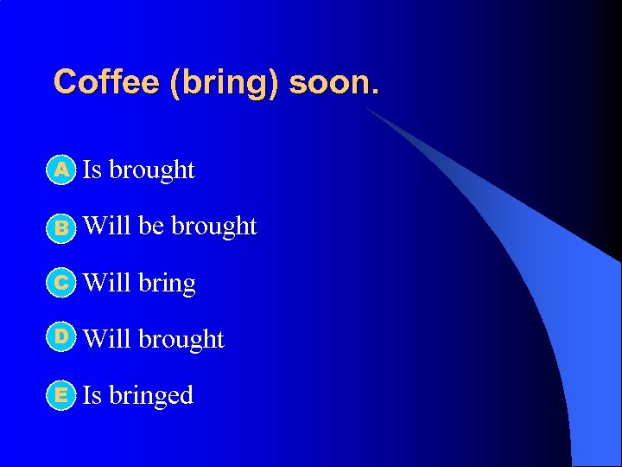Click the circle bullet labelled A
coord(61,170)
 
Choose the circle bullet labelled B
coord(61,227)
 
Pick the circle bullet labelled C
coord(61,283)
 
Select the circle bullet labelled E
coord(61,395)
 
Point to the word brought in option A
coord(152,170)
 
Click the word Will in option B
coord(107,226)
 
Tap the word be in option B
coord(151,226)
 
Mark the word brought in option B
coord(214,227)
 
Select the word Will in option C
coord(107,283)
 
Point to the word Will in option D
coord(107,339)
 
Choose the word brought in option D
coord(181,339)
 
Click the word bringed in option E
coord(151,396)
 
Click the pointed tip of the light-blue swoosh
coord(367,109)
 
